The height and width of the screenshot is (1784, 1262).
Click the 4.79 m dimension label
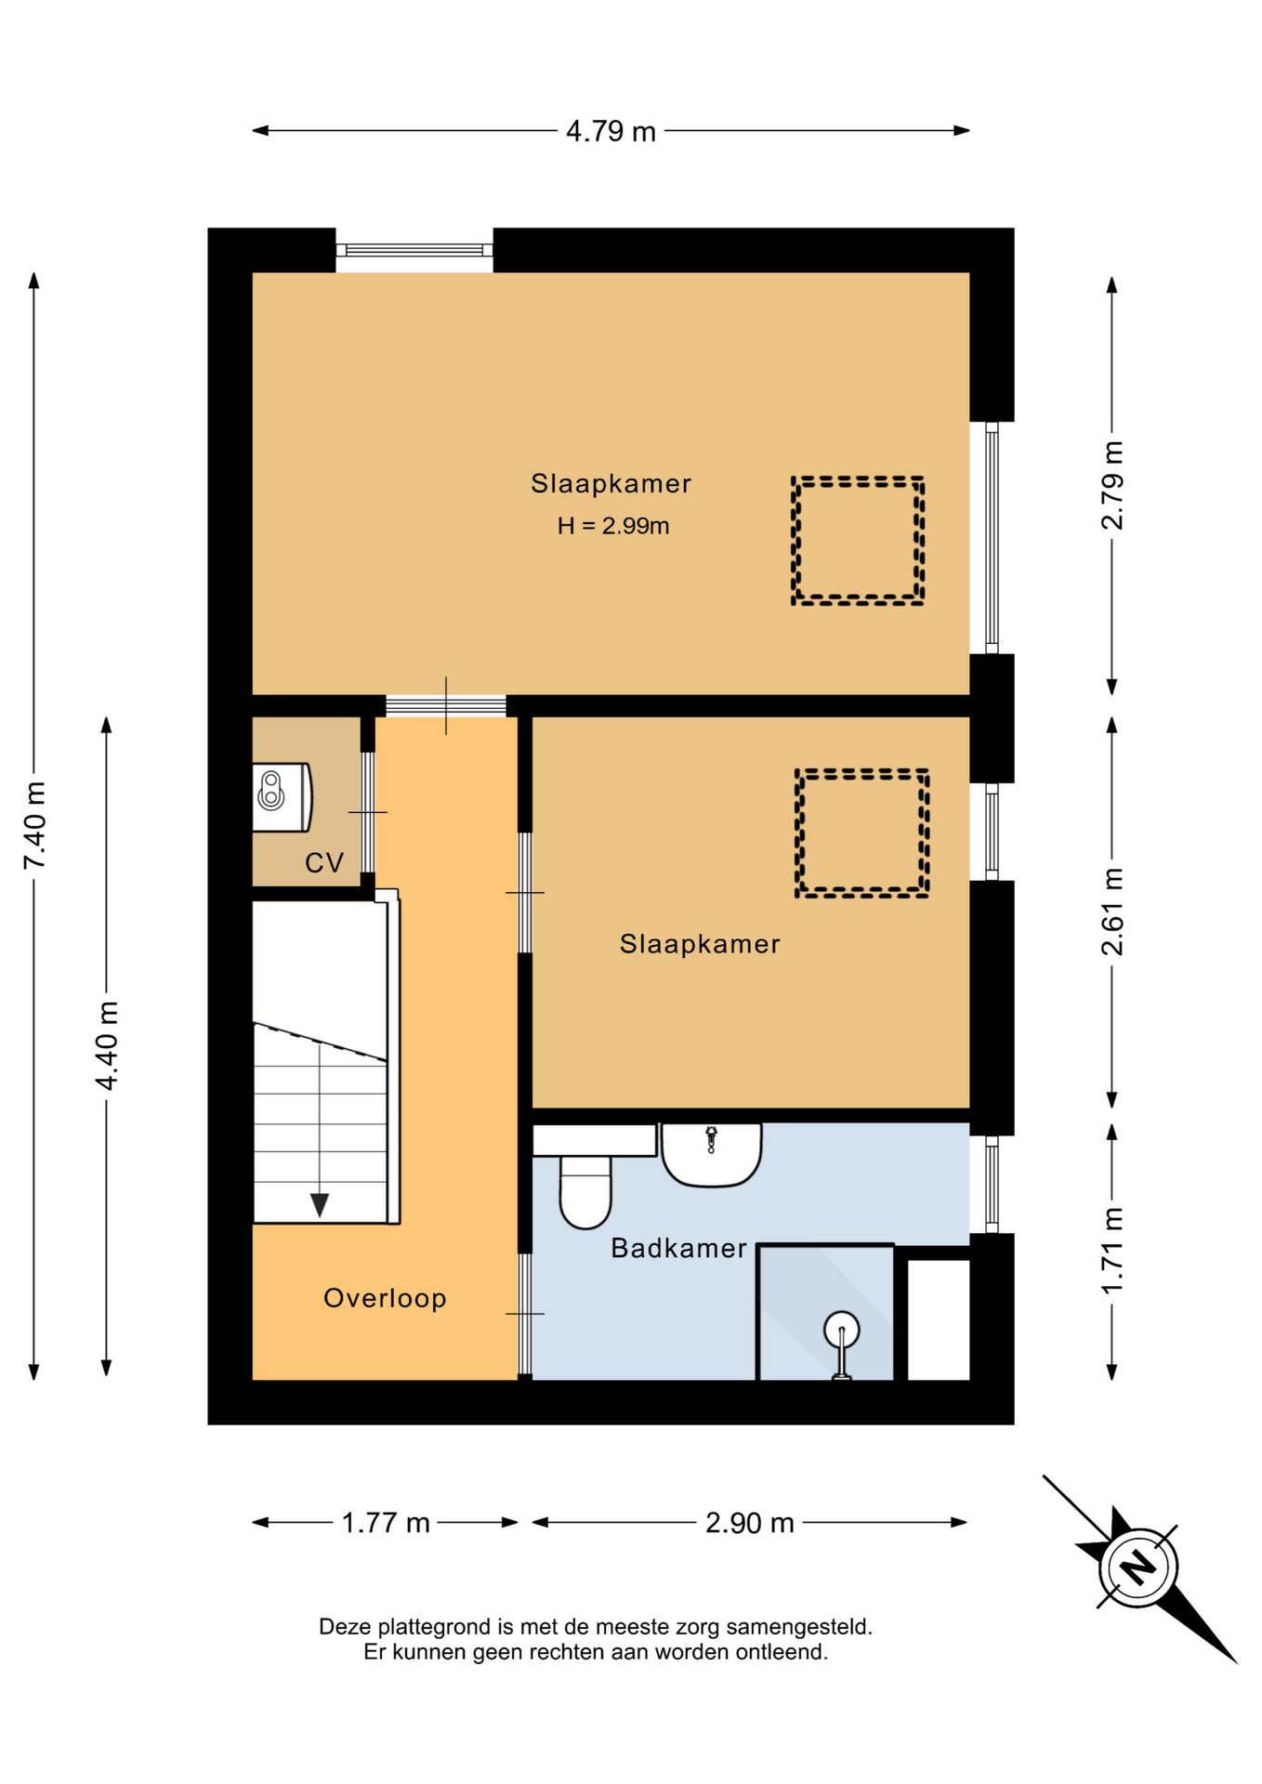[x=611, y=131]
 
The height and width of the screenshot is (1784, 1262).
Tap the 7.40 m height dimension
[x=34, y=825]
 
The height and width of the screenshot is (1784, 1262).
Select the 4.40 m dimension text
[x=107, y=1045]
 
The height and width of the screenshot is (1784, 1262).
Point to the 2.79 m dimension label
[x=1112, y=485]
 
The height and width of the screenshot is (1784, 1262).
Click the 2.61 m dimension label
[x=1112, y=912]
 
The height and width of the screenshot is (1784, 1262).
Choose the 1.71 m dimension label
[x=1112, y=1250]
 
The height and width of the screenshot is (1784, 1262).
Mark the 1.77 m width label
[x=386, y=1523]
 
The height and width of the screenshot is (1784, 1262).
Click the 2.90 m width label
[x=750, y=1523]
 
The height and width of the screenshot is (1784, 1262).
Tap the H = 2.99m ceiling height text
[x=613, y=526]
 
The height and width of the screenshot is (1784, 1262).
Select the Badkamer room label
[x=678, y=1248]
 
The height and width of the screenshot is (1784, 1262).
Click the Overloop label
[x=385, y=1298]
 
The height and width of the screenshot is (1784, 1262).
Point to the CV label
[x=324, y=863]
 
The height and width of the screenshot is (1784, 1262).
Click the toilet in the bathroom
[x=585, y=1191]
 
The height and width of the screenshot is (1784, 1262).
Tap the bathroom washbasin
[x=712, y=1155]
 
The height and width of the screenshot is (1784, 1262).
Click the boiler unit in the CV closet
[x=282, y=797]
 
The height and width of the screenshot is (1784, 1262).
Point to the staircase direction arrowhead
[x=320, y=1205]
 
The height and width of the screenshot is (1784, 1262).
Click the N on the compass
[x=1138, y=1566]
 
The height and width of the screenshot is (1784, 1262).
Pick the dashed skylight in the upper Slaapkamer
[x=858, y=541]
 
